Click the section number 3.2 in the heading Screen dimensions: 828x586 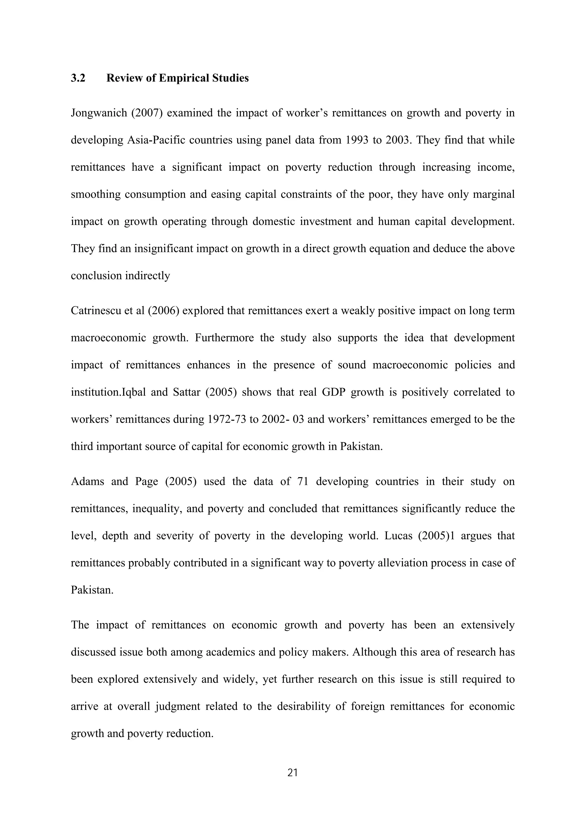tap(78, 78)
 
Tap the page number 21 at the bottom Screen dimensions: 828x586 tap(293, 773)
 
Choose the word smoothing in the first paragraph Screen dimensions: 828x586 tap(95, 195)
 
